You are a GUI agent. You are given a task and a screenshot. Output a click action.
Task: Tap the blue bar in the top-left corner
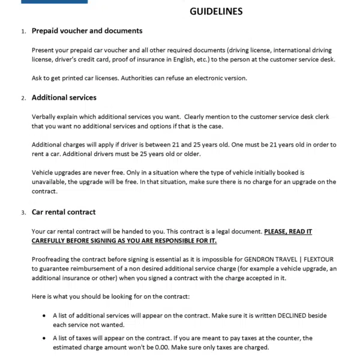point(54,2)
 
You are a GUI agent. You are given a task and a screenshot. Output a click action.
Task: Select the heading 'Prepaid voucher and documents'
point(87,31)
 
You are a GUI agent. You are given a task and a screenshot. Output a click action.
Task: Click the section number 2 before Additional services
point(23,98)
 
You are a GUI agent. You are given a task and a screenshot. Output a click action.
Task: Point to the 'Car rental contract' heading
point(64,212)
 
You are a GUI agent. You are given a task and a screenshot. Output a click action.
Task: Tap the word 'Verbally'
point(46,116)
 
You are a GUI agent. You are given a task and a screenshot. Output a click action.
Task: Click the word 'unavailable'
point(52,181)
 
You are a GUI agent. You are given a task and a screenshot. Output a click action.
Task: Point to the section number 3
point(23,212)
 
